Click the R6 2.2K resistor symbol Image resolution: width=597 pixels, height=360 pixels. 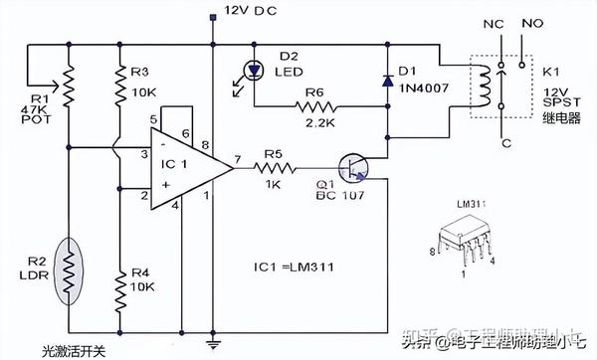[318, 106]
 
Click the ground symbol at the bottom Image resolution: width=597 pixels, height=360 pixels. [213, 345]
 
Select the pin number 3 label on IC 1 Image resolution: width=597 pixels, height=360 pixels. [145, 154]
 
